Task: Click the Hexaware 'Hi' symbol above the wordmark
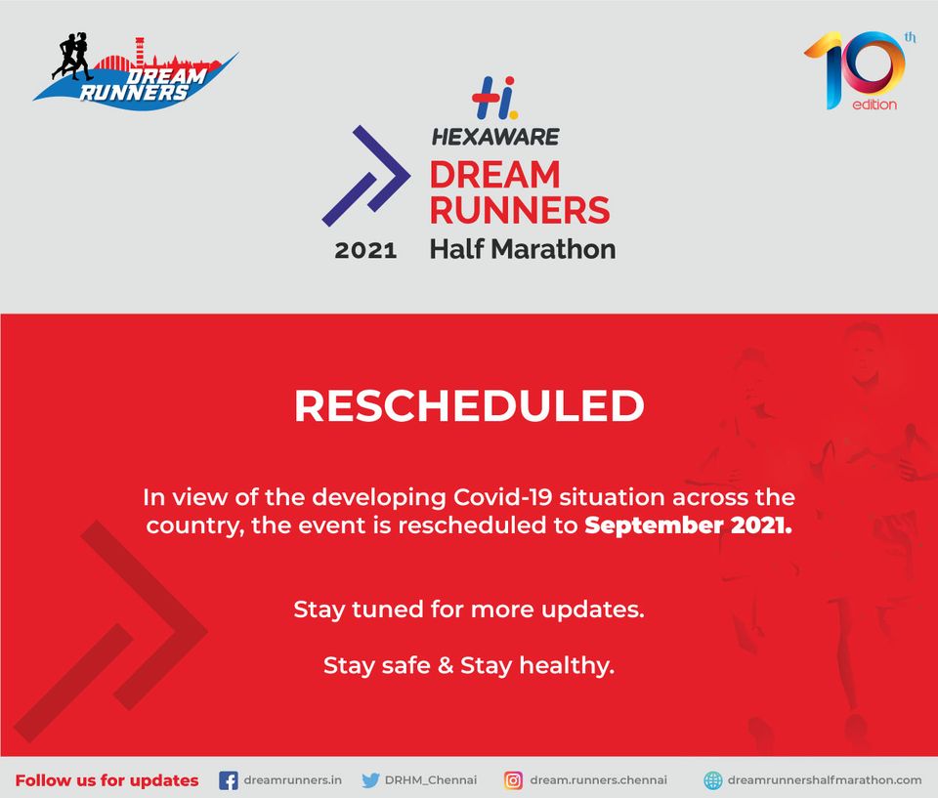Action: [493, 99]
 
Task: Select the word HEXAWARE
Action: [495, 137]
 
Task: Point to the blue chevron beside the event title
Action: [365, 177]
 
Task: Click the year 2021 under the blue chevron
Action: [365, 251]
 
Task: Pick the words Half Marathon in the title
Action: [523, 249]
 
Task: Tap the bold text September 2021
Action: [690, 525]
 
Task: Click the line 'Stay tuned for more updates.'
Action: [469, 610]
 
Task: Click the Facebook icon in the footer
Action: [229, 780]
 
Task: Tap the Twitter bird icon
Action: [370, 780]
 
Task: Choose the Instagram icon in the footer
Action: [513, 780]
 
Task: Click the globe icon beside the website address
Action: [713, 780]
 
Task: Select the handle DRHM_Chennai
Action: [431, 780]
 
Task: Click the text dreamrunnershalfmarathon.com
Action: [825, 780]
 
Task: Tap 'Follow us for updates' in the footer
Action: [107, 780]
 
